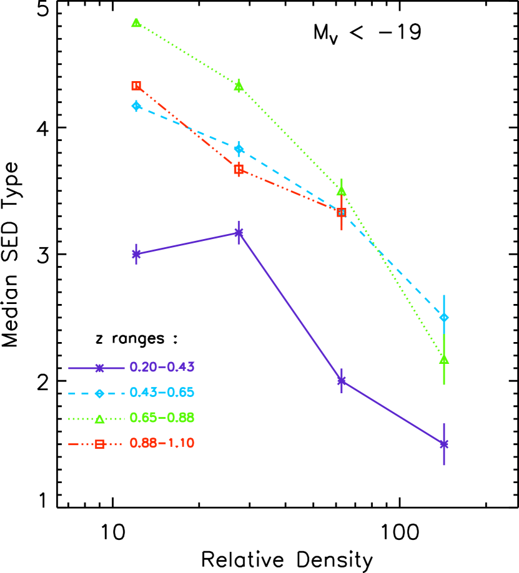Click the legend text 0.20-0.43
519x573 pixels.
tap(162, 367)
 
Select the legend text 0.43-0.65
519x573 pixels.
tap(162, 393)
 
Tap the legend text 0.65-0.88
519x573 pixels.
tap(162, 418)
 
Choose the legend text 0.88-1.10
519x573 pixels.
tap(162, 443)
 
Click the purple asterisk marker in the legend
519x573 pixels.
tap(99, 368)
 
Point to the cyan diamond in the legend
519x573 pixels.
tap(99, 393)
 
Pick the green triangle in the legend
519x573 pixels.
tap(99, 419)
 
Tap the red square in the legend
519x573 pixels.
tap(99, 444)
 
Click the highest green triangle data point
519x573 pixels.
tap(136, 22)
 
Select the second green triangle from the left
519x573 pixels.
tap(239, 86)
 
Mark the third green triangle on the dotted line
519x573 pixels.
tap(341, 190)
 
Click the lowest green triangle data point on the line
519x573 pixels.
tap(444, 359)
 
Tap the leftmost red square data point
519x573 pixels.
tap(136, 86)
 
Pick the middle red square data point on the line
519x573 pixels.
tap(239, 169)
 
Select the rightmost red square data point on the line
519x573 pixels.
tap(342, 212)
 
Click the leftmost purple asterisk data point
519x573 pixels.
tap(136, 254)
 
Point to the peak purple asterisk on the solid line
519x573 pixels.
tap(239, 233)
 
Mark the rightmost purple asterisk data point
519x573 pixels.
tap(444, 444)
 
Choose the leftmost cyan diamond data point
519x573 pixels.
tap(136, 105)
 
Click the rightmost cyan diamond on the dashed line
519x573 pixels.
tap(444, 317)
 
